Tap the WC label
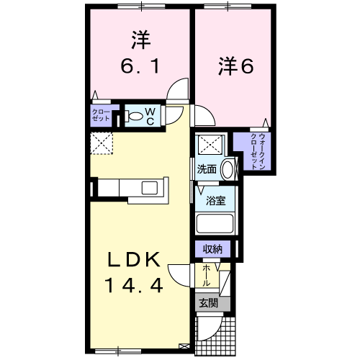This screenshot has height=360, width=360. [x=150, y=116]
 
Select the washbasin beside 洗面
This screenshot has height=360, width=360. [x=227, y=169]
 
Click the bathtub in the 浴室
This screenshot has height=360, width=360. [x=215, y=223]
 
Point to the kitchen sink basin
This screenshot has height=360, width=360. [x=149, y=188]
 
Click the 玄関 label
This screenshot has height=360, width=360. [x=208, y=303]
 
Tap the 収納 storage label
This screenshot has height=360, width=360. [x=212, y=249]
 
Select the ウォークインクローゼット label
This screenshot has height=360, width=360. [x=258, y=151]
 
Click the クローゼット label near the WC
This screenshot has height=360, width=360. [x=101, y=115]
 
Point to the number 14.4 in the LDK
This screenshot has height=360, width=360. [x=134, y=285]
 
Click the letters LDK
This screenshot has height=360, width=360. [x=134, y=259]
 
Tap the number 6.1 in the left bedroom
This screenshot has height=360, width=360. [x=140, y=66]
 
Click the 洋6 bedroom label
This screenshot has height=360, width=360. [x=235, y=66]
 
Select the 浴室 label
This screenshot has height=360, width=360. [x=215, y=201]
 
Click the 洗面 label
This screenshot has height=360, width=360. [x=207, y=169]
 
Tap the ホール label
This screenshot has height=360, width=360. [x=206, y=276]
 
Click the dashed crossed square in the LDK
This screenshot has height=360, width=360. [x=102, y=143]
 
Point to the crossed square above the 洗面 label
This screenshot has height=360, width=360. [x=210, y=145]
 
